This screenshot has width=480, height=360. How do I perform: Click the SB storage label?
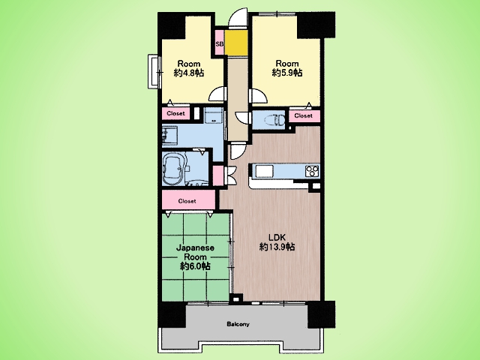tap(220, 43)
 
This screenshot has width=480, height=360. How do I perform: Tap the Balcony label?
tap(238, 324)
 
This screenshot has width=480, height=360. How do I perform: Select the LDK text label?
tap(277, 237)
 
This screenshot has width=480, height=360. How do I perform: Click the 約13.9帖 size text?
tap(277, 247)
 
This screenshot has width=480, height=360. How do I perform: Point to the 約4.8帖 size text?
tap(188, 73)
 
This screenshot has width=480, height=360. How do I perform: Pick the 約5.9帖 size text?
tap(287, 73)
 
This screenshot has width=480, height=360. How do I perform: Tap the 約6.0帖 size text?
tap(195, 266)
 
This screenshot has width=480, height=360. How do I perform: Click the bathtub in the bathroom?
tap(173, 168)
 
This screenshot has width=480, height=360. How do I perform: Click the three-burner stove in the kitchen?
tap(312, 171)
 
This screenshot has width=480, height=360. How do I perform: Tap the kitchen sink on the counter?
tap(265, 171)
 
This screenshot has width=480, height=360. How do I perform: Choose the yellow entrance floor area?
tap(236, 43)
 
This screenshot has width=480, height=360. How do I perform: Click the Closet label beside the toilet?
tap(303, 115)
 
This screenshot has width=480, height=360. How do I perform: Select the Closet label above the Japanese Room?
tap(187, 201)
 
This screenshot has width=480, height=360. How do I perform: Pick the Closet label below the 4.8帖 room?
tap(175, 113)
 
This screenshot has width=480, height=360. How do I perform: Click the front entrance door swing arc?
tap(238, 18)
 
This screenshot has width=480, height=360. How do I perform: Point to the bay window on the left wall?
tap(153, 72)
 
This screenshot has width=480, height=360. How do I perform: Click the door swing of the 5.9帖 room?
tap(258, 95)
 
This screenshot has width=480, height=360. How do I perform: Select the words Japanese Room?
tap(195, 252)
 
